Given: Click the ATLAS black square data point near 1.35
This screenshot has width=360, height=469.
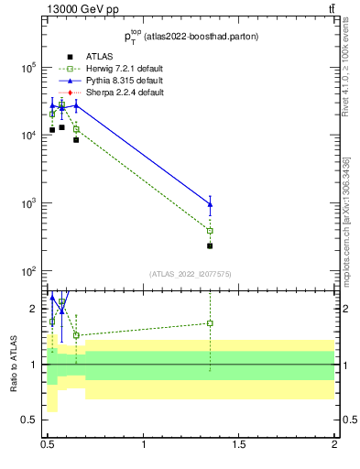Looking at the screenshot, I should [x=211, y=245].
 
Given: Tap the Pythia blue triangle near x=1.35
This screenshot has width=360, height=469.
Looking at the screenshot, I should [x=211, y=204].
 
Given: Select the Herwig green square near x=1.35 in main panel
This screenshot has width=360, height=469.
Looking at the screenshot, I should [x=211, y=231].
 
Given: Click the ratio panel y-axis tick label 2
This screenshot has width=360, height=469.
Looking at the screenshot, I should [x=35, y=309].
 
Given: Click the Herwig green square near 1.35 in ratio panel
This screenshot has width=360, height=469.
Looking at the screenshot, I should [x=211, y=322].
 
